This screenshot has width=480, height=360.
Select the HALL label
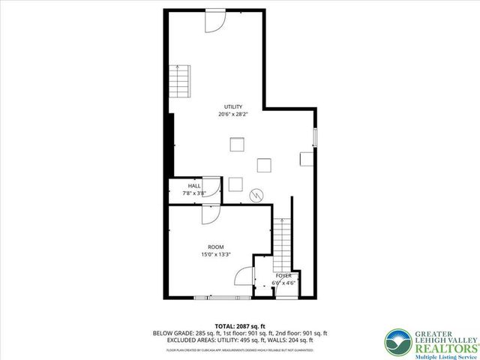coord(194,185)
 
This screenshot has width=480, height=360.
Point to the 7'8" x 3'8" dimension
coord(194,193)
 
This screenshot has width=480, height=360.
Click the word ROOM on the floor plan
coord(215,247)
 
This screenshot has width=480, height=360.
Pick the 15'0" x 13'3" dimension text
coord(215,254)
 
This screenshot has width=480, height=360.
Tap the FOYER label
coord(283,276)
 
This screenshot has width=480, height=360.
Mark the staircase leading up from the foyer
coord(281,244)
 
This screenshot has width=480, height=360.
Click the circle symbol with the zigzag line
coord(257,194)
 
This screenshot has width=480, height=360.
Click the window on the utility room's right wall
coord(315,138)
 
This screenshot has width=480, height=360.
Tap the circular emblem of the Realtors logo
coord(397,342)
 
